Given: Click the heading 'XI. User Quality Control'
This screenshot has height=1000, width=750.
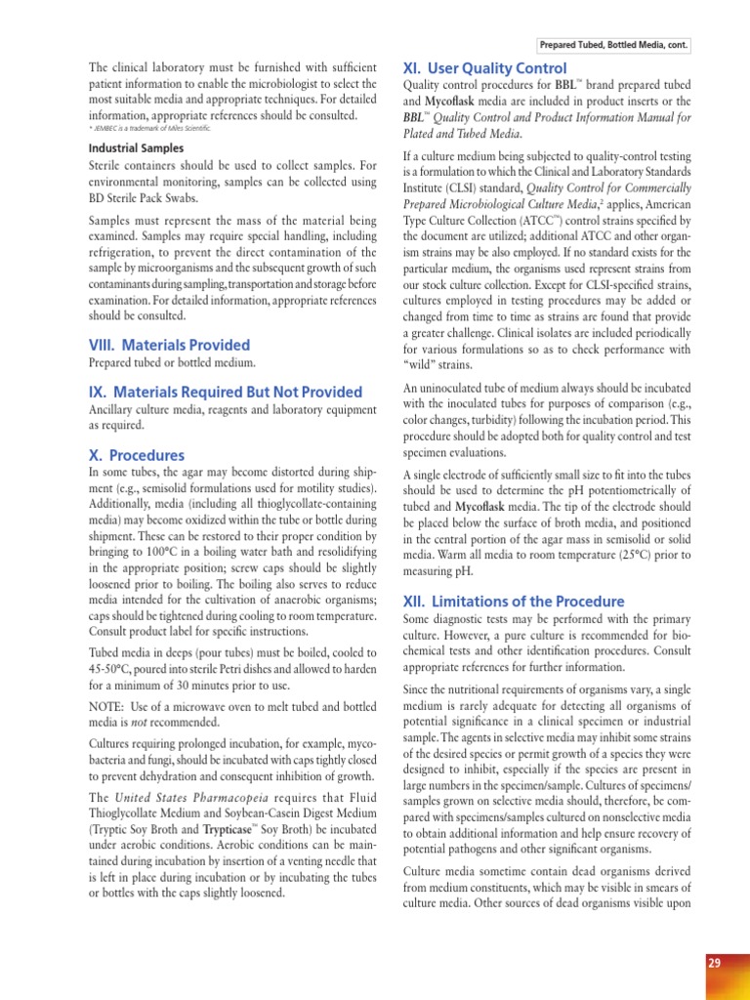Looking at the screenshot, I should click(484, 68).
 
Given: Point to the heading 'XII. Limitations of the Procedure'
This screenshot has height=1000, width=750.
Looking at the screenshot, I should click(514, 601).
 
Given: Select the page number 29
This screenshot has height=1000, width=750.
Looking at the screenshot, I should click(714, 963).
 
